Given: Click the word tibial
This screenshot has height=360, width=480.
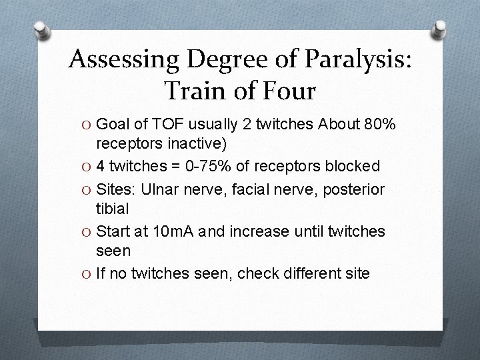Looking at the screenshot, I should [x=113, y=209].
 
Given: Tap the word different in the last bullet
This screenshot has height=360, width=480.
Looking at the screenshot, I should [x=297, y=273].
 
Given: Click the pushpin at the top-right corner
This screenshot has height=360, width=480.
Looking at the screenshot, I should [x=439, y=29].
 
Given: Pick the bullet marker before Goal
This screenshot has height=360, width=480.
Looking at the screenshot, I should [x=87, y=124].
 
